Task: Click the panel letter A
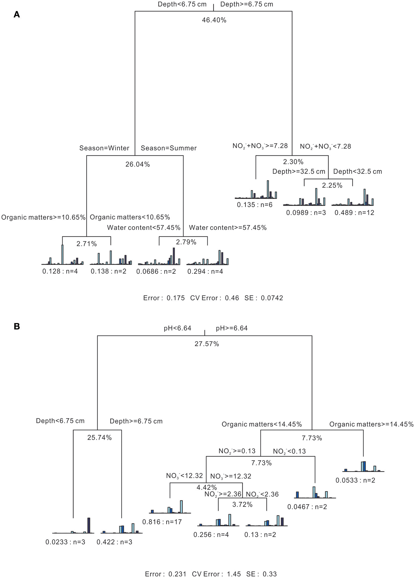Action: click(17, 14)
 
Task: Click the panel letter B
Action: click(17, 326)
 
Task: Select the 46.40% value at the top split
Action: click(214, 20)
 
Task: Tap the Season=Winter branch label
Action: click(104, 148)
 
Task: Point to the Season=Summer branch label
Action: click(168, 148)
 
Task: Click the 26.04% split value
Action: click(137, 164)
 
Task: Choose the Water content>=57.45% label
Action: click(227, 228)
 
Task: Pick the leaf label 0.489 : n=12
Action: click(354, 213)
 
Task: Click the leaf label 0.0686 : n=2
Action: click(156, 272)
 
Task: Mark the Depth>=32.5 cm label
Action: click(299, 171)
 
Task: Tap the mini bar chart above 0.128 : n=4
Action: click(62, 256)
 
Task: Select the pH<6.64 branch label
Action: click(177, 328)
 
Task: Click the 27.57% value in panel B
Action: click(207, 344)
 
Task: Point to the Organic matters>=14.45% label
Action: click(371, 424)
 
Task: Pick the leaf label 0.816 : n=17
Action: click(162, 522)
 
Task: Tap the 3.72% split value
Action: click(242, 505)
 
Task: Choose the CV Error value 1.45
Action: click(234, 574)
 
